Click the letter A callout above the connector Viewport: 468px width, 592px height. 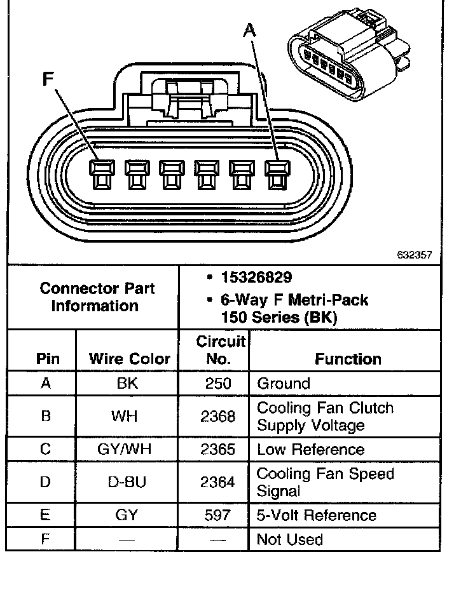[x=250, y=30]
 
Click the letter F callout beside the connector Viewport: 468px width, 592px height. [x=47, y=79]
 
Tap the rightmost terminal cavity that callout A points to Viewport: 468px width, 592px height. [x=275, y=175]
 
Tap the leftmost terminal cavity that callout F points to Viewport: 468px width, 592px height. [x=100, y=175]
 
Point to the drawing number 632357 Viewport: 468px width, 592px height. [x=414, y=255]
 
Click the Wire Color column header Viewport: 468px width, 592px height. [x=130, y=359]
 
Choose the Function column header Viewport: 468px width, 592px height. [x=348, y=359]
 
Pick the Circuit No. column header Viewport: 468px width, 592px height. [x=219, y=351]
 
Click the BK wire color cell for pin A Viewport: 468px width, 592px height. [x=128, y=384]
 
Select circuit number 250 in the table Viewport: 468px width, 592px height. [x=218, y=384]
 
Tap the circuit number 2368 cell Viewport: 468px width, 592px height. [x=218, y=417]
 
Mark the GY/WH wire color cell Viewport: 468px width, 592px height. [x=128, y=450]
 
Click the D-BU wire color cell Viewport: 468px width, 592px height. [x=127, y=483]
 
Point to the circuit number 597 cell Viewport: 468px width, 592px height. [x=218, y=516]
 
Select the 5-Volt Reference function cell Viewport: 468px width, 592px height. [x=317, y=516]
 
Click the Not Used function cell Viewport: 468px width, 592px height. [x=289, y=540]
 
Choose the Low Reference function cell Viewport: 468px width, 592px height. [x=310, y=450]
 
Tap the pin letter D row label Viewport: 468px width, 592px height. [x=45, y=483]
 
